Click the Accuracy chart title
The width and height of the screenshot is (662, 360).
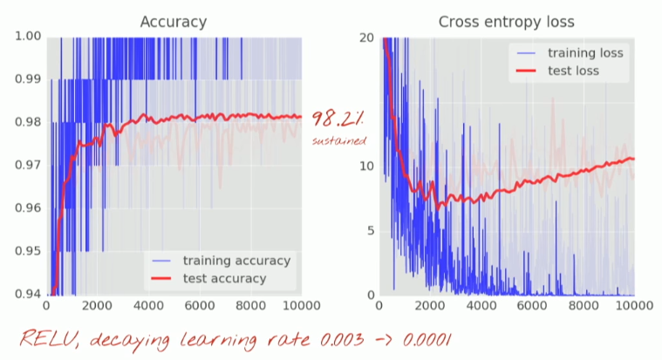click(174, 22)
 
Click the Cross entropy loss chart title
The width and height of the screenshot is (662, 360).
click(506, 22)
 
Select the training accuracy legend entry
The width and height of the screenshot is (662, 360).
click(236, 260)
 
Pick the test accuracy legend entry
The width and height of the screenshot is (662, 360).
click(224, 278)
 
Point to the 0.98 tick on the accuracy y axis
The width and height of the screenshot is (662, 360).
click(28, 122)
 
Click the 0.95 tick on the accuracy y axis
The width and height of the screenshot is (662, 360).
click(28, 251)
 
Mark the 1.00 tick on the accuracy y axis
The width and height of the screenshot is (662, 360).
click(28, 37)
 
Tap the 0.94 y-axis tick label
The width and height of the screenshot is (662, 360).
click(28, 294)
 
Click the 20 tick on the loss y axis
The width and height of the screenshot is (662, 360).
click(367, 37)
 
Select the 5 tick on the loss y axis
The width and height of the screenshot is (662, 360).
click(371, 230)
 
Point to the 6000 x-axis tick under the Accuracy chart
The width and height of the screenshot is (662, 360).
click(200, 308)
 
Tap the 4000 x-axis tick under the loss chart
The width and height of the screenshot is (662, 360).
click(480, 308)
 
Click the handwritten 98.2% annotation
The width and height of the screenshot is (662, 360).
click(338, 119)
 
